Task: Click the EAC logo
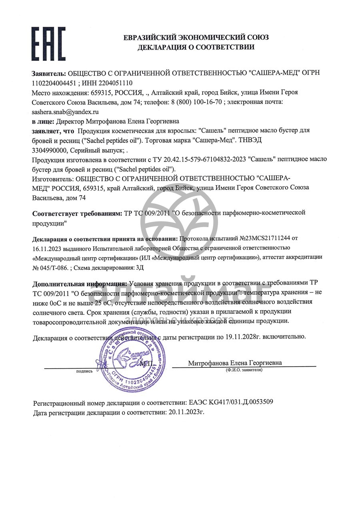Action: [48, 43]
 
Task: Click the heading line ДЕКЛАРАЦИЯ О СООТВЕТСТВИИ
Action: [196, 47]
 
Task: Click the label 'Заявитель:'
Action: [49, 74]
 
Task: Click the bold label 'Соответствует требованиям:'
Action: [77, 213]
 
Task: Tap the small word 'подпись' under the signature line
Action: [84, 371]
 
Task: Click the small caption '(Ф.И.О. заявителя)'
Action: [244, 370]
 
